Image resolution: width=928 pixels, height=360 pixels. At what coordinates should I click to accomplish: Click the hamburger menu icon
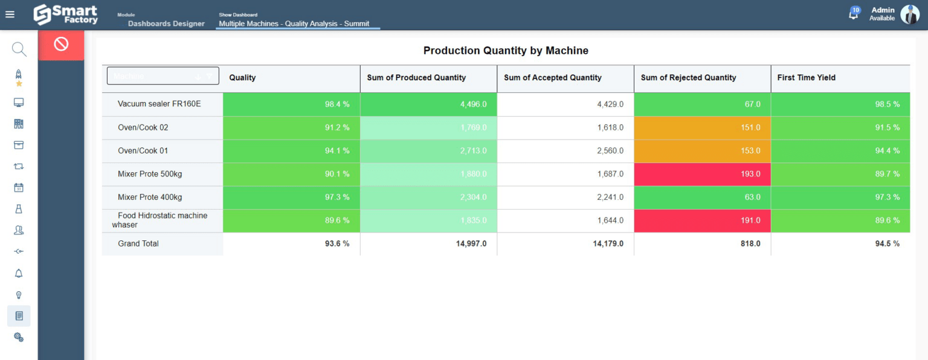tap(10, 14)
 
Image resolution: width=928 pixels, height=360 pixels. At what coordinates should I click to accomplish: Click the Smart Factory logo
tap(65, 14)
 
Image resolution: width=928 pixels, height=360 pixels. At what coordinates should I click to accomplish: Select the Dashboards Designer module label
tap(166, 24)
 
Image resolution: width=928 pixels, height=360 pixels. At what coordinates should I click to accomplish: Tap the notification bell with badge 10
tap(854, 14)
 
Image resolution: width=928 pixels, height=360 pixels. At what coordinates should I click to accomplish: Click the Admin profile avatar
tap(909, 14)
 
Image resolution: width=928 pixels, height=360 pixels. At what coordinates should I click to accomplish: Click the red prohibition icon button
tap(61, 44)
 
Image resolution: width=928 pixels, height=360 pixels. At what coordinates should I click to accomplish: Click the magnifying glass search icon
tap(19, 49)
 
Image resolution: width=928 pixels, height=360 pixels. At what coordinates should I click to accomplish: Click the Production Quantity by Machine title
tap(506, 51)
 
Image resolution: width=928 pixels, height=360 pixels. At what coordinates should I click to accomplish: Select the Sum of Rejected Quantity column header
tap(688, 77)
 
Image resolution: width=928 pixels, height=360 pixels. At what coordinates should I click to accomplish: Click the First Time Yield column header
tap(806, 77)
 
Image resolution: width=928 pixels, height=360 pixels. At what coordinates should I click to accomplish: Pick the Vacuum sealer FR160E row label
tap(159, 104)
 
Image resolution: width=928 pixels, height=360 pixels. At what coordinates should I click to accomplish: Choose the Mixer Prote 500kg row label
tap(150, 174)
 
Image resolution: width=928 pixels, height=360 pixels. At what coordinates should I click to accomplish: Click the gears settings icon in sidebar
tap(19, 337)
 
